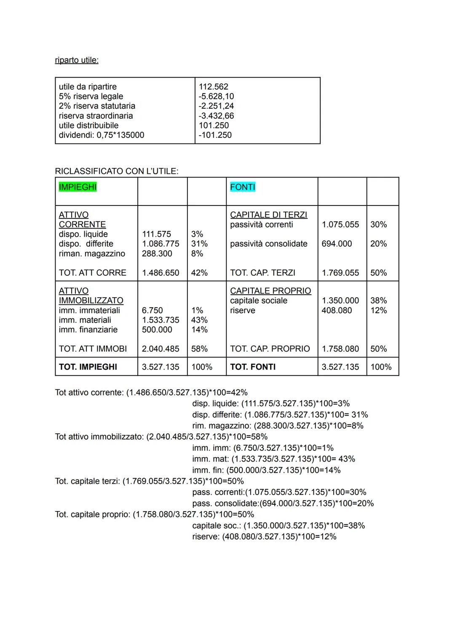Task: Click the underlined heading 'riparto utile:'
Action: pos(77,60)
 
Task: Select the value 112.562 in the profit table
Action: pos(213,87)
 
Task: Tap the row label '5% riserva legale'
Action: pos(91,96)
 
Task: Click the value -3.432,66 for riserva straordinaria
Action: pos(216,116)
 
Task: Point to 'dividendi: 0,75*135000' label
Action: pos(102,135)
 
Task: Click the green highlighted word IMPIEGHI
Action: pos(78,187)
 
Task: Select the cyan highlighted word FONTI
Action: pos(243,187)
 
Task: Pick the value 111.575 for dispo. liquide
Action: pos(156,234)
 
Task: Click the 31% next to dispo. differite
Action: pos(199,244)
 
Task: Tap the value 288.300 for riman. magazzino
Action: pos(157,253)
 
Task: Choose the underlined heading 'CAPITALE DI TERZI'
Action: pos(268,215)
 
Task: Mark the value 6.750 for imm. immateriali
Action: pos(152,310)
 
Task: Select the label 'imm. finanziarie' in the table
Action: pos(88,330)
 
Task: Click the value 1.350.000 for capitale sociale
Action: pos(340,301)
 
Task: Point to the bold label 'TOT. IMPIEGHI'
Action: pos(88,367)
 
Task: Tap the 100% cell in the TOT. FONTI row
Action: pos(381,367)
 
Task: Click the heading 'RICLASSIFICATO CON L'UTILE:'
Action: pos(117,171)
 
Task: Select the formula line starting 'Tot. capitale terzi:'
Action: pos(149,481)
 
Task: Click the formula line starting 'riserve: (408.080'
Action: pos(264,537)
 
